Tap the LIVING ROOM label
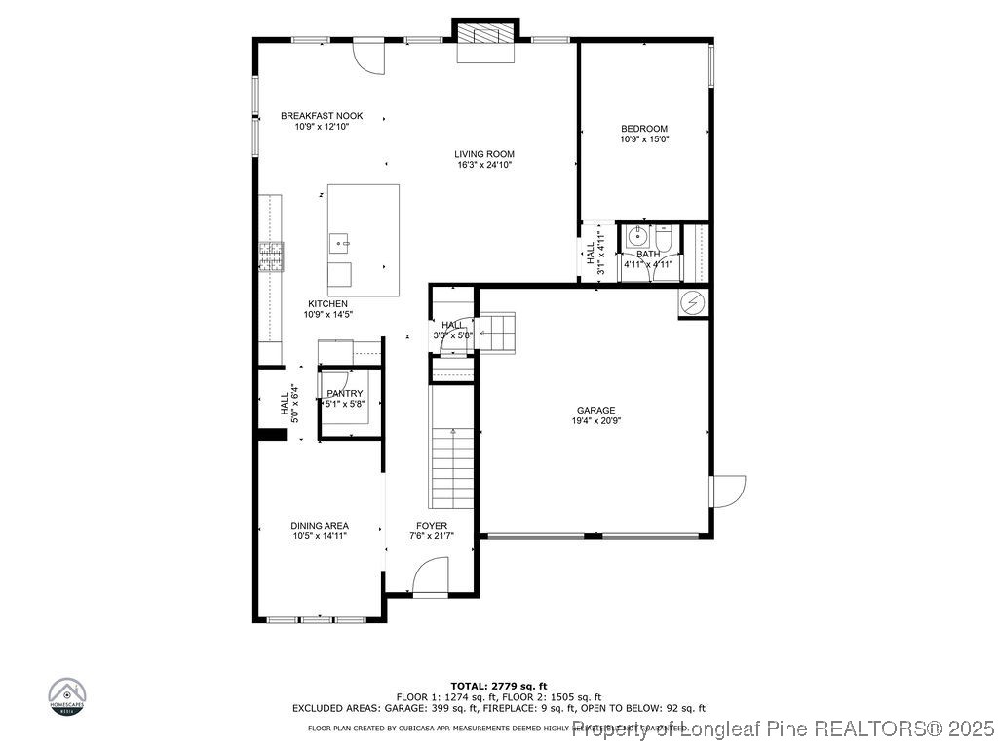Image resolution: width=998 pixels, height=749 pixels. coord(483,154)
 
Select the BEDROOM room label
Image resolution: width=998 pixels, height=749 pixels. coord(644,129)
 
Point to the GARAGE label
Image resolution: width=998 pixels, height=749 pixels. coord(595,411)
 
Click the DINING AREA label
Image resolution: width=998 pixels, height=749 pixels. coord(320,526)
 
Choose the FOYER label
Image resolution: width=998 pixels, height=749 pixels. coord(432,526)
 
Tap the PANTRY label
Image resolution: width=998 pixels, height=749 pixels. coord(345,394)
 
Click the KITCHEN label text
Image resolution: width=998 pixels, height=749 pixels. coord(327,304)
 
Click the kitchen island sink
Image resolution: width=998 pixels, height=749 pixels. coord(340,239)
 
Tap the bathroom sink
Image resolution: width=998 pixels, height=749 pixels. coord(635,236)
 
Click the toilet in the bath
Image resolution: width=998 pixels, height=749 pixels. coord(663,237)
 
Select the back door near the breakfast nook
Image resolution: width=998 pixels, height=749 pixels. coord(369,56)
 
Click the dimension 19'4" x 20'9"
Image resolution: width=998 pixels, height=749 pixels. coord(595,421)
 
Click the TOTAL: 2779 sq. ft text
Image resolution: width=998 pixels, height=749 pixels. coord(498,686)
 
